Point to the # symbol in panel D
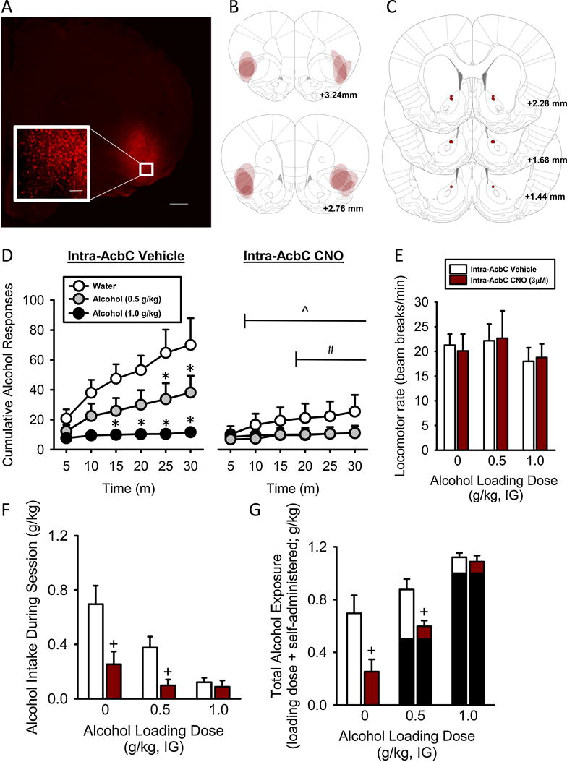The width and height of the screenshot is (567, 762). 329,349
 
